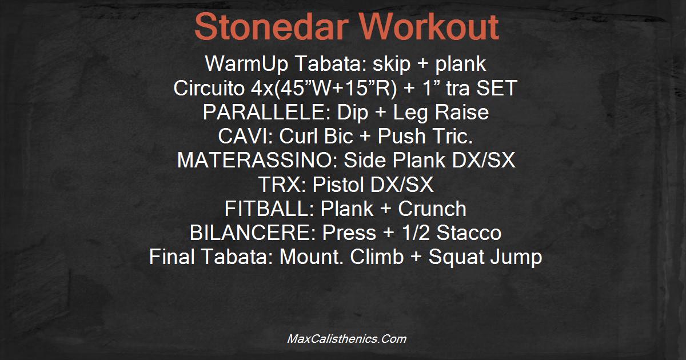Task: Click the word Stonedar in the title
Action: (272, 27)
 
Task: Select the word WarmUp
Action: (247, 64)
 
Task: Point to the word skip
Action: (392, 64)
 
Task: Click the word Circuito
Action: (209, 88)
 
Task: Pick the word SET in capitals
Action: (497, 88)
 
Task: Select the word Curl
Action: (298, 136)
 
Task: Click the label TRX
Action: (282, 184)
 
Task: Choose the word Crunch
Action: (432, 209)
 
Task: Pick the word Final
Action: (172, 257)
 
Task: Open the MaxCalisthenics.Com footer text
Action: (346, 339)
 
